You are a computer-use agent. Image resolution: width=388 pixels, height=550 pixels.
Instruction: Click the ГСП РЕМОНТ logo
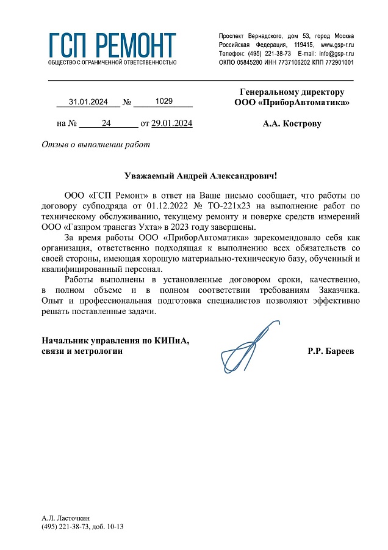(x=112, y=48)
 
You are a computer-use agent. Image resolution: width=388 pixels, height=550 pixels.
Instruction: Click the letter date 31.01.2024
(x=88, y=101)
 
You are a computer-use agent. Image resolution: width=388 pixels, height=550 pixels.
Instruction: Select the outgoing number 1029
(x=164, y=101)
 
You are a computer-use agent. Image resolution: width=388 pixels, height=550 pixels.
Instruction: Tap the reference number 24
(x=106, y=123)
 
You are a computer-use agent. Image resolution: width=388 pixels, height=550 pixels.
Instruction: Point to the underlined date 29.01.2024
(x=172, y=123)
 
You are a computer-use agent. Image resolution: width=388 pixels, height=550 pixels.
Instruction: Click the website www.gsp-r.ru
(x=337, y=45)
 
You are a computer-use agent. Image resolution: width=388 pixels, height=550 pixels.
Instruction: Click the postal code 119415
(x=304, y=45)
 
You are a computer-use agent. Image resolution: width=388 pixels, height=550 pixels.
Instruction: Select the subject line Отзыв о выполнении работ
(x=95, y=145)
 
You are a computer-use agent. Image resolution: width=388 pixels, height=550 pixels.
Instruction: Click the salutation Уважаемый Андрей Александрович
(x=200, y=176)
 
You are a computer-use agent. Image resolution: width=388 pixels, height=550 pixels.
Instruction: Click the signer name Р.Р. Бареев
(x=331, y=351)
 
